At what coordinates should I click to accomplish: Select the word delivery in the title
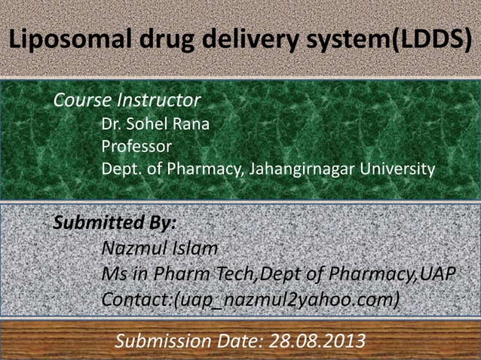234,39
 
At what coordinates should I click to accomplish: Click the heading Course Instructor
126,100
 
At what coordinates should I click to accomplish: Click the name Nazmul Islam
159,247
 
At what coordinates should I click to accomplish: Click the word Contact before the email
134,300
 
